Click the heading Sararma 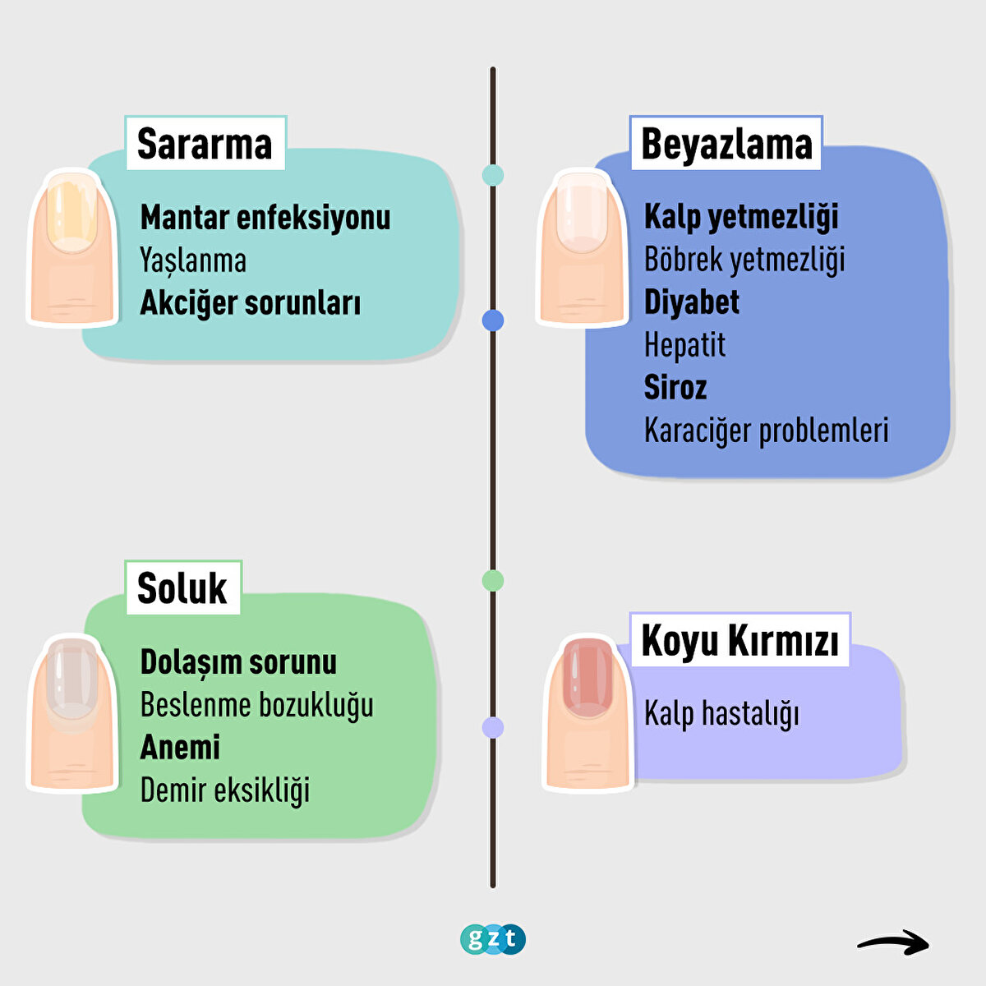tap(205, 144)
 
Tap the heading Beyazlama tap(726, 144)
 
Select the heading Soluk tap(182, 588)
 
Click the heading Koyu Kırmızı tap(739, 640)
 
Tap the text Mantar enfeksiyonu tap(265, 218)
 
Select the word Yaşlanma tap(193, 260)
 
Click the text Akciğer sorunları tap(251, 303)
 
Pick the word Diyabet tap(692, 302)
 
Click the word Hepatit tap(684, 345)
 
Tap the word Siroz tap(675, 388)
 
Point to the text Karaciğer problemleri tap(766, 431)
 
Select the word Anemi tap(180, 748)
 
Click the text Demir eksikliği tap(225, 790)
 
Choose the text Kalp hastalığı tap(721, 713)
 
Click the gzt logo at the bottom tap(493, 938)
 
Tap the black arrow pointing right tap(893, 942)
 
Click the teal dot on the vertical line tap(493, 175)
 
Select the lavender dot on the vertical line tap(493, 727)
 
